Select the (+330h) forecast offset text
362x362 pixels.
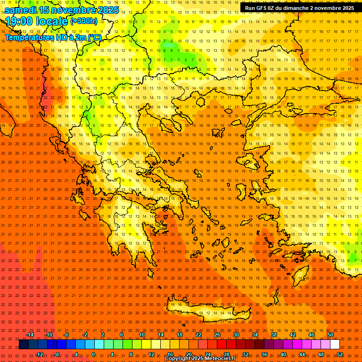(84, 21)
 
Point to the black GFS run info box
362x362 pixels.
(299, 8)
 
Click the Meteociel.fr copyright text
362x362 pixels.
(200, 359)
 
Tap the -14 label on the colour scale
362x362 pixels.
(30, 335)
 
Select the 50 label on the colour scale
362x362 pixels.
(330, 335)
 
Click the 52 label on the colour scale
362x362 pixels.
(340, 354)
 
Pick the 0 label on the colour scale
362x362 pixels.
(93, 354)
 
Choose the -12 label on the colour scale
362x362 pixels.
(39, 354)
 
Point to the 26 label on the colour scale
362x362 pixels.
(217, 335)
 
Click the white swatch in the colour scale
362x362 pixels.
(335, 345)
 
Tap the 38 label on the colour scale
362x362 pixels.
(274, 335)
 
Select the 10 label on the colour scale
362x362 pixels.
(142, 335)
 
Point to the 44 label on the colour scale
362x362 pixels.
(302, 354)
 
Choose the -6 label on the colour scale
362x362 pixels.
(66, 335)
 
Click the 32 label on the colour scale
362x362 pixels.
(246, 354)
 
